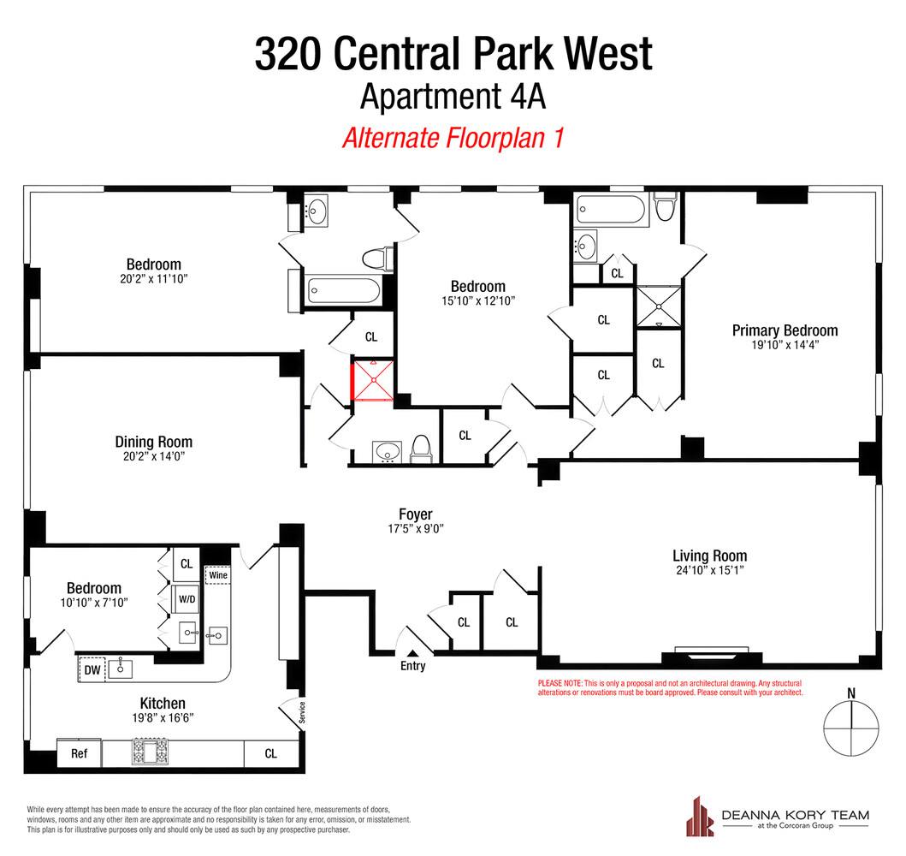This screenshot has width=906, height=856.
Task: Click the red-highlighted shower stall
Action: pyautogui.click(x=372, y=382)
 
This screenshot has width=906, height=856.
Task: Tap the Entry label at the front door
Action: pyautogui.click(x=412, y=666)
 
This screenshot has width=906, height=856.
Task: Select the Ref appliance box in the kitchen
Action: pyautogui.click(x=79, y=754)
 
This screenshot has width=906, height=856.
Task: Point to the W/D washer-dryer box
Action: pyautogui.click(x=187, y=599)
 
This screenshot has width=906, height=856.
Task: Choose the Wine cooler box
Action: pyautogui.click(x=218, y=575)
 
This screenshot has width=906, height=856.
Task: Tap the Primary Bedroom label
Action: pyautogui.click(x=785, y=330)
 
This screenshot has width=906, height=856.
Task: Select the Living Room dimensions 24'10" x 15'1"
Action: pyautogui.click(x=709, y=571)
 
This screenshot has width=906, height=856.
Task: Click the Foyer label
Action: pyautogui.click(x=416, y=514)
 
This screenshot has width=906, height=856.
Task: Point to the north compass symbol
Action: pyautogui.click(x=851, y=728)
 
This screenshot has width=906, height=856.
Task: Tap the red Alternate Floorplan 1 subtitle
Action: pyautogui.click(x=453, y=138)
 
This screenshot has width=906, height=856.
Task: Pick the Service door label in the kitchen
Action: pyautogui.click(x=301, y=712)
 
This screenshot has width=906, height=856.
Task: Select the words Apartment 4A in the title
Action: pyautogui.click(x=453, y=96)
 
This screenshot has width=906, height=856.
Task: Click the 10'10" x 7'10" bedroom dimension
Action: pyautogui.click(x=94, y=603)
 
